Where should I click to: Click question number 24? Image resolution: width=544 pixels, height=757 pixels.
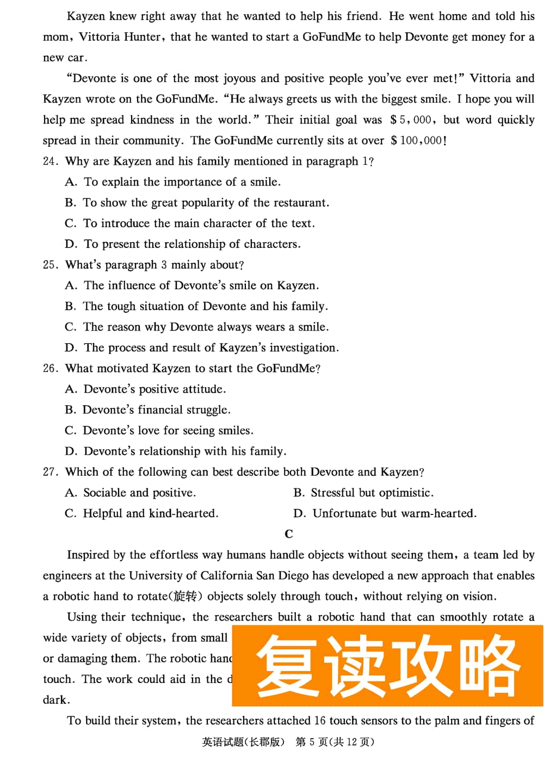[x=50, y=162]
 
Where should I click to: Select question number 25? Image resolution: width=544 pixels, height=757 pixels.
[x=50, y=265]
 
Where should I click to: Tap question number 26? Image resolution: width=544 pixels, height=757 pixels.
[x=50, y=368]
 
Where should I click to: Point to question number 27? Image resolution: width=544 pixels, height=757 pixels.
[x=50, y=472]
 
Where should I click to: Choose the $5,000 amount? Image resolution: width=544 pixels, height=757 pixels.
[x=412, y=120]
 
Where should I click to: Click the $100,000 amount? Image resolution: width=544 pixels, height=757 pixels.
[x=418, y=140]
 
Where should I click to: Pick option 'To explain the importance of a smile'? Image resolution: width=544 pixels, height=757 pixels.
[x=182, y=182]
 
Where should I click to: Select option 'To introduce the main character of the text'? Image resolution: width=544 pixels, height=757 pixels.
[x=199, y=223]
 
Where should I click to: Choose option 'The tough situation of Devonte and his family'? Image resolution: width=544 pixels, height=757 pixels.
[x=205, y=306]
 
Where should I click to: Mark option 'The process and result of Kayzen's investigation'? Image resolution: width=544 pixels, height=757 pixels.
[x=211, y=348]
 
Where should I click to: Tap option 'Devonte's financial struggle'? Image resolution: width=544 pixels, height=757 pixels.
[x=156, y=409]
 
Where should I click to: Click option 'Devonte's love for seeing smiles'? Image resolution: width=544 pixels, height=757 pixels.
[x=168, y=430]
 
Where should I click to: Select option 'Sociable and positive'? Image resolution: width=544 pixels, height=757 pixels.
[x=139, y=493]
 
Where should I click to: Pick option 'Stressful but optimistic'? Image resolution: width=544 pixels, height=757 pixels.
[x=372, y=493]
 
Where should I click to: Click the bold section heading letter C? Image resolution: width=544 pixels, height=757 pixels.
[x=289, y=534]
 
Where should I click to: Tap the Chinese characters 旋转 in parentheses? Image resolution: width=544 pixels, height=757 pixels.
[x=185, y=597]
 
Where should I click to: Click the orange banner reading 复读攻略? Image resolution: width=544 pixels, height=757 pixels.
[x=387, y=666]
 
